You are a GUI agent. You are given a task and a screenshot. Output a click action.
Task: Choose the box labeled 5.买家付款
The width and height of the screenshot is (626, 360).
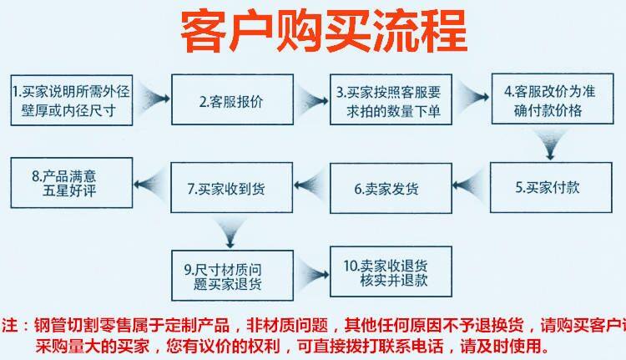coord(548,187)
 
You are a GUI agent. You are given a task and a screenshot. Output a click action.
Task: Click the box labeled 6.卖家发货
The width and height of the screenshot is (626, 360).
coord(390,189)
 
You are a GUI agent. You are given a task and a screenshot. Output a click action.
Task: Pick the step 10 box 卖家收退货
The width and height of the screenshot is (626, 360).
coord(389,271)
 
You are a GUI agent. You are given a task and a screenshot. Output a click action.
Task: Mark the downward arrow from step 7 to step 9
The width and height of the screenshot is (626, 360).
coord(226,229)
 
